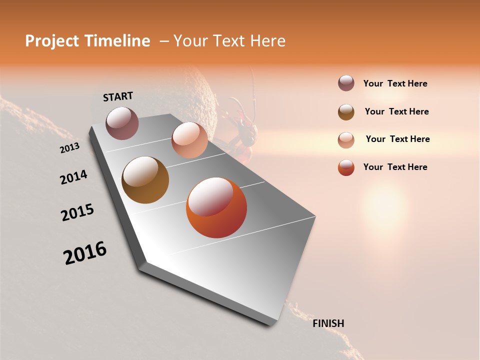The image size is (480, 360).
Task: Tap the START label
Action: pos(118,96)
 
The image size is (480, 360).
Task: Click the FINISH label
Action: pos(328,323)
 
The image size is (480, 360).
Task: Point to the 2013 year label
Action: pos(69,148)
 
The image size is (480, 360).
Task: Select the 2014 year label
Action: pos(73,177)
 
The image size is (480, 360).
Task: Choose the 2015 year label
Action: pos(77,212)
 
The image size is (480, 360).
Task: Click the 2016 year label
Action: pos(85,253)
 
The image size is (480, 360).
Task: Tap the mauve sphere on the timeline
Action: pos(122,123)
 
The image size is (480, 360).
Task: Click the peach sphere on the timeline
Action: pos(189,139)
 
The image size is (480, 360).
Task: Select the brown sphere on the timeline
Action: pos(145,180)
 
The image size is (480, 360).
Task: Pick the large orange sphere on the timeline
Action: pos(216,207)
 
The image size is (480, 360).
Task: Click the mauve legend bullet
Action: pos(346,83)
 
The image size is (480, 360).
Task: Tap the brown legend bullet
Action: pos(346,112)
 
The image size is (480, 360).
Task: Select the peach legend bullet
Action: pos(346,140)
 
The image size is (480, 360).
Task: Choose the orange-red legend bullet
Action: pos(346,167)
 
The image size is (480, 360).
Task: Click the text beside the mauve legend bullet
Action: pos(395,83)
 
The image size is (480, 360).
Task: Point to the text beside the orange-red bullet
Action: pos(395,167)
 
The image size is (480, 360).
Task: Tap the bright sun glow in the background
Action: pos(384,205)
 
